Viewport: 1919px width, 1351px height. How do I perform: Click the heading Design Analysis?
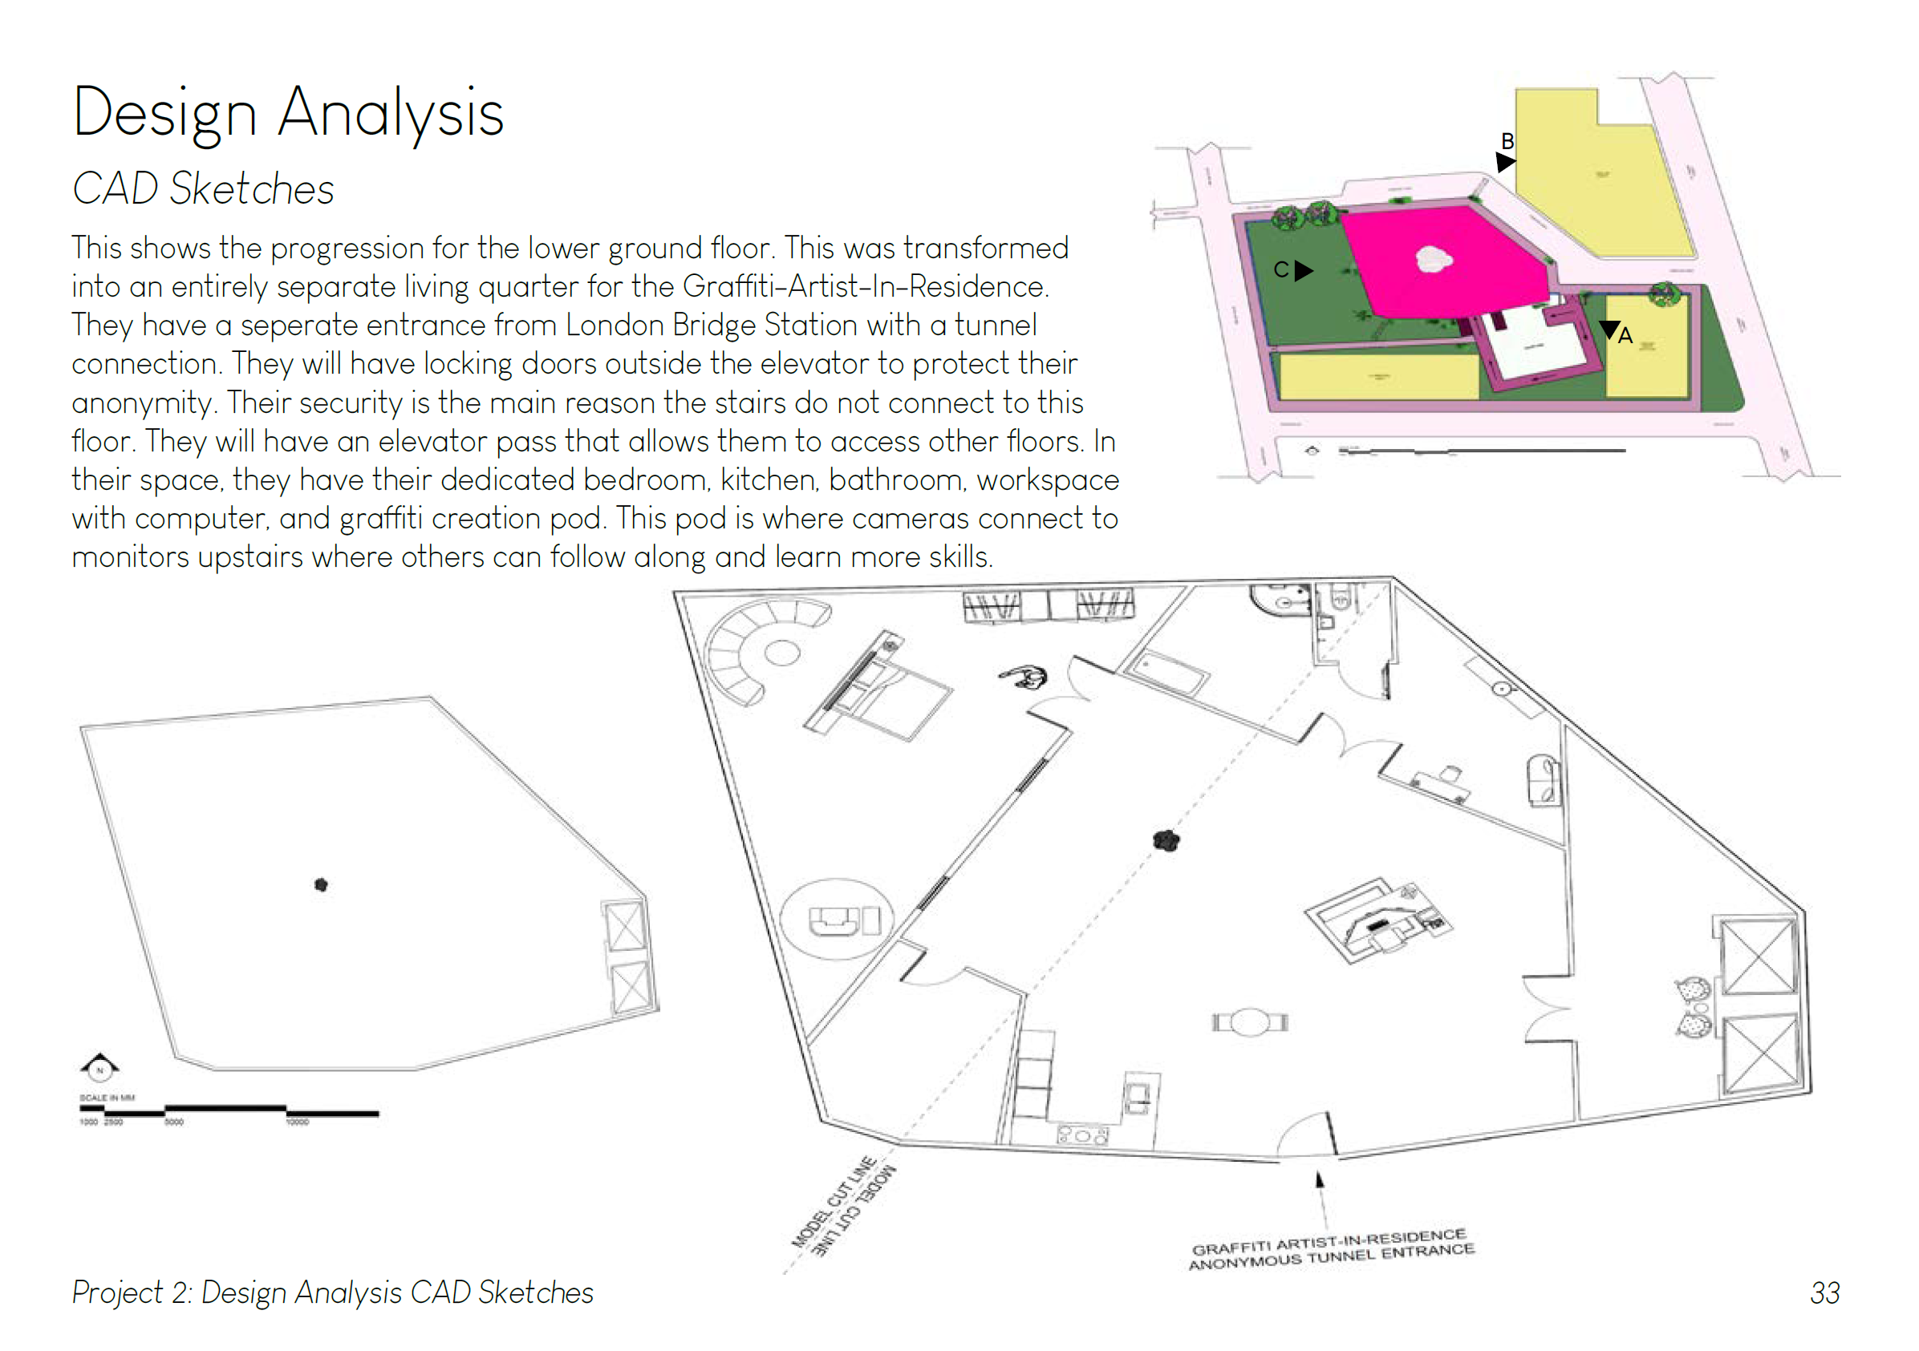288,114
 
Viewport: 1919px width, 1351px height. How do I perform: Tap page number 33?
1824,1292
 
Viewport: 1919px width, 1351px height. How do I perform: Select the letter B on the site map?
1507,141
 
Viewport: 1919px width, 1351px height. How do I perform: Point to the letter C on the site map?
1280,270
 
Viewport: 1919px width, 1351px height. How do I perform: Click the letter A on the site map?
1625,336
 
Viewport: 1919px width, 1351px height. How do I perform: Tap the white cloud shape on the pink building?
1434,260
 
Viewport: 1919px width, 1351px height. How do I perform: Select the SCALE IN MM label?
107,1098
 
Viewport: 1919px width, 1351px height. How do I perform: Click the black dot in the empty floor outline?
321,885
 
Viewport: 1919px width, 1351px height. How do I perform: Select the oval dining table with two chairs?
1250,1022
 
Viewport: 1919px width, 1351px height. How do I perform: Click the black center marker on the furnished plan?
1166,840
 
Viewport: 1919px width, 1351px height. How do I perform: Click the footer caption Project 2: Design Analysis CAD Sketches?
333,1292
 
